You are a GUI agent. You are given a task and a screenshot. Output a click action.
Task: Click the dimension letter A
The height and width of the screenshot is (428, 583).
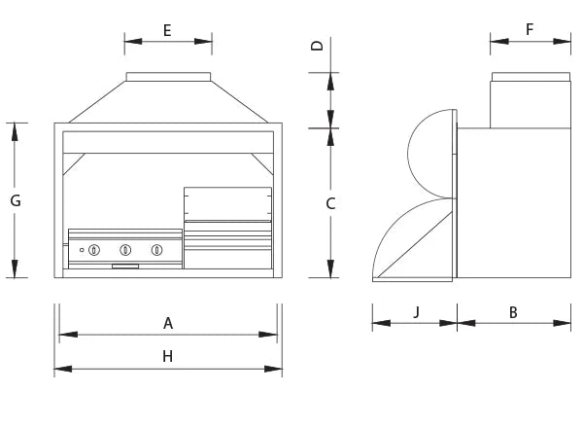(168, 323)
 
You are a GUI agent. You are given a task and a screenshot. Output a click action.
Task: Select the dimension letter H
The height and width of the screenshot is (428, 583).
(168, 357)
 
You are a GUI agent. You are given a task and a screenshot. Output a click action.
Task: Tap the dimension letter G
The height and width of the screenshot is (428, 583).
(16, 200)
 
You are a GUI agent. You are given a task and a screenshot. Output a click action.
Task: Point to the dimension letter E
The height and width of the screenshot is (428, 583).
(167, 30)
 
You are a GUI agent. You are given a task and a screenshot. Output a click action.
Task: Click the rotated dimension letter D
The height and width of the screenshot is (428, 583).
(318, 46)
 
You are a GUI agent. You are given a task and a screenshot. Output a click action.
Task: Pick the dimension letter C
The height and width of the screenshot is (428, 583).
(330, 203)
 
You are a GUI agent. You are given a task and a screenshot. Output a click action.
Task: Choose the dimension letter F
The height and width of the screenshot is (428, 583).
(530, 29)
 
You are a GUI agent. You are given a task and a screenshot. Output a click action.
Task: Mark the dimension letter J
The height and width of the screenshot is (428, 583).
(417, 311)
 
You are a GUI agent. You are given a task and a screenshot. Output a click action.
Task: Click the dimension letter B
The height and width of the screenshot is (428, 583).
(513, 312)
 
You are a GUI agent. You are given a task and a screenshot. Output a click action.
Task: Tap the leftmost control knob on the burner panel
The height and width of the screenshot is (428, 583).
(94, 250)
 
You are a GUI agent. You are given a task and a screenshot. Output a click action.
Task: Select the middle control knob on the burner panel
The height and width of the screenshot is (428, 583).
(125, 250)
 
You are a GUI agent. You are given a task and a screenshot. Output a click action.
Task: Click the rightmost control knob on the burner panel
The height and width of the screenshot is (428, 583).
(156, 250)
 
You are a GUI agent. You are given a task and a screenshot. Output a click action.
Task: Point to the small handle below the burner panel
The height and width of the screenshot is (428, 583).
(125, 267)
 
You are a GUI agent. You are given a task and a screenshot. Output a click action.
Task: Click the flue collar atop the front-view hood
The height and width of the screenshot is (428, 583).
(168, 77)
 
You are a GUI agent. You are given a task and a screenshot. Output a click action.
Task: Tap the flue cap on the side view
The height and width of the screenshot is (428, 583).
(531, 77)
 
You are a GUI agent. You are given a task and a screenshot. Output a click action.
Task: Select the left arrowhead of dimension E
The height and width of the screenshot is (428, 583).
(133, 41)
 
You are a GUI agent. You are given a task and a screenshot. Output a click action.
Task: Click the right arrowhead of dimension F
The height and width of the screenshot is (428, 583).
(562, 41)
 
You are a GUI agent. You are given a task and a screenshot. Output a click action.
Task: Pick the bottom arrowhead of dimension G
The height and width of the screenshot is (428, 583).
(15, 268)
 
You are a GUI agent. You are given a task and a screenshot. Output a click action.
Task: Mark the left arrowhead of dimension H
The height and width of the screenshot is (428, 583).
(63, 369)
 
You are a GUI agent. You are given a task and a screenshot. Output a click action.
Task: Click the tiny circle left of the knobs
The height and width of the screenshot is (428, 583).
(82, 250)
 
